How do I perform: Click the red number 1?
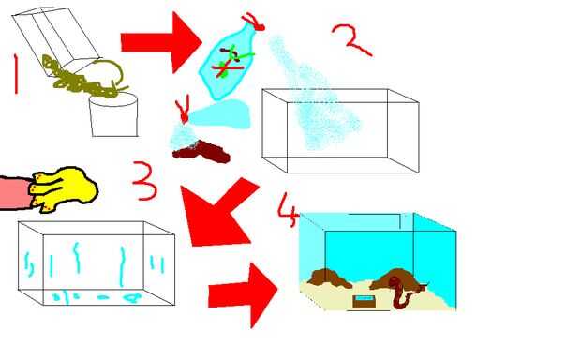tap(16, 74)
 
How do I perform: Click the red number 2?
tap(352, 40)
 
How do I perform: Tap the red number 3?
tap(144, 181)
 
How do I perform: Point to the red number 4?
tap(288, 209)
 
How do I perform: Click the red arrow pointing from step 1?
tap(161, 42)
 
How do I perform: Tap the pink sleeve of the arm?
tap(16, 193)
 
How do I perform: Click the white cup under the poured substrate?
tap(113, 115)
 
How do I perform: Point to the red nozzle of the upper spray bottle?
tap(253, 22)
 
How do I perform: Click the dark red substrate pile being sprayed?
tap(201, 152)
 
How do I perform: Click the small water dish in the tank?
tap(364, 301)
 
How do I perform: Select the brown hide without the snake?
tap(330, 278)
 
